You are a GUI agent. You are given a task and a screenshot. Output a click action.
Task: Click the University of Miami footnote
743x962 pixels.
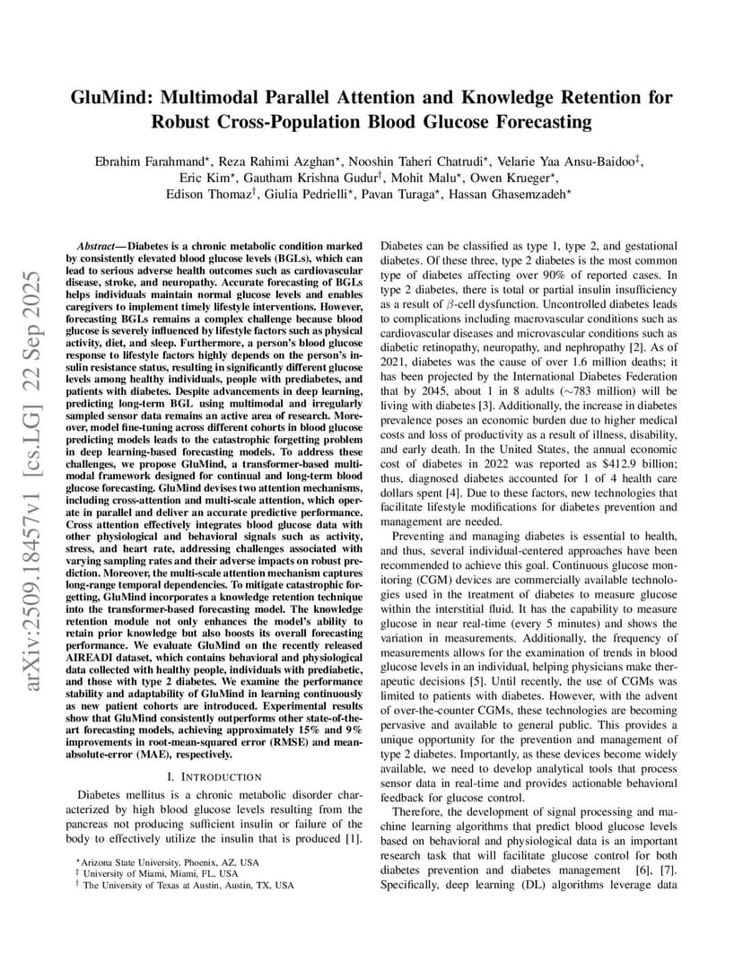point(161,873)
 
